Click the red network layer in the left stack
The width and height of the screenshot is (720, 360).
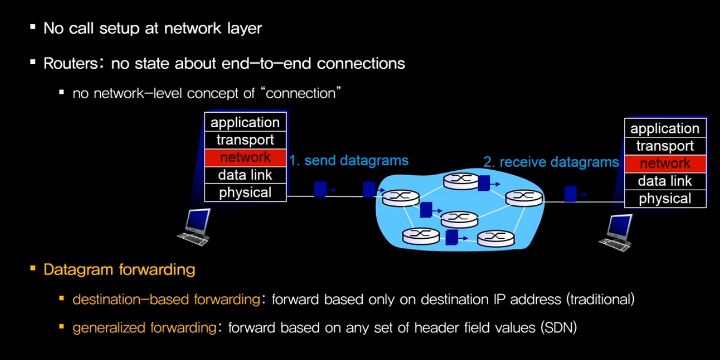click(245, 157)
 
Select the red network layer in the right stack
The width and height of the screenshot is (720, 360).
click(665, 163)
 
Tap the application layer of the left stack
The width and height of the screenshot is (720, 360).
click(245, 122)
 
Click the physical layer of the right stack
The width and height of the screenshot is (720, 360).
click(665, 199)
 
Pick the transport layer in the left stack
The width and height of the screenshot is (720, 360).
click(245, 140)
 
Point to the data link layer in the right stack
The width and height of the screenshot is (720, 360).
click(665, 181)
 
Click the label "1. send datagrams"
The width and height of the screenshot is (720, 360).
click(349, 160)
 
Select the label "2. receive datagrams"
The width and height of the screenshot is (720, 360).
click(551, 162)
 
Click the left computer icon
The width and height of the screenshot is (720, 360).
click(195, 227)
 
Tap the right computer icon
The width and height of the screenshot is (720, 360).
click(617, 232)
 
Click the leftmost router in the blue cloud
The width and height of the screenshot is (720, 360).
click(401, 197)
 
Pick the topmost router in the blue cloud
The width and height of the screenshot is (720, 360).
click(461, 181)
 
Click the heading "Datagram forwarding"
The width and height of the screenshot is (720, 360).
click(119, 269)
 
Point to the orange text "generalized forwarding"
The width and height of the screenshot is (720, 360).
click(144, 327)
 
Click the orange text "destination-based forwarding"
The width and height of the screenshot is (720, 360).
click(166, 299)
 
